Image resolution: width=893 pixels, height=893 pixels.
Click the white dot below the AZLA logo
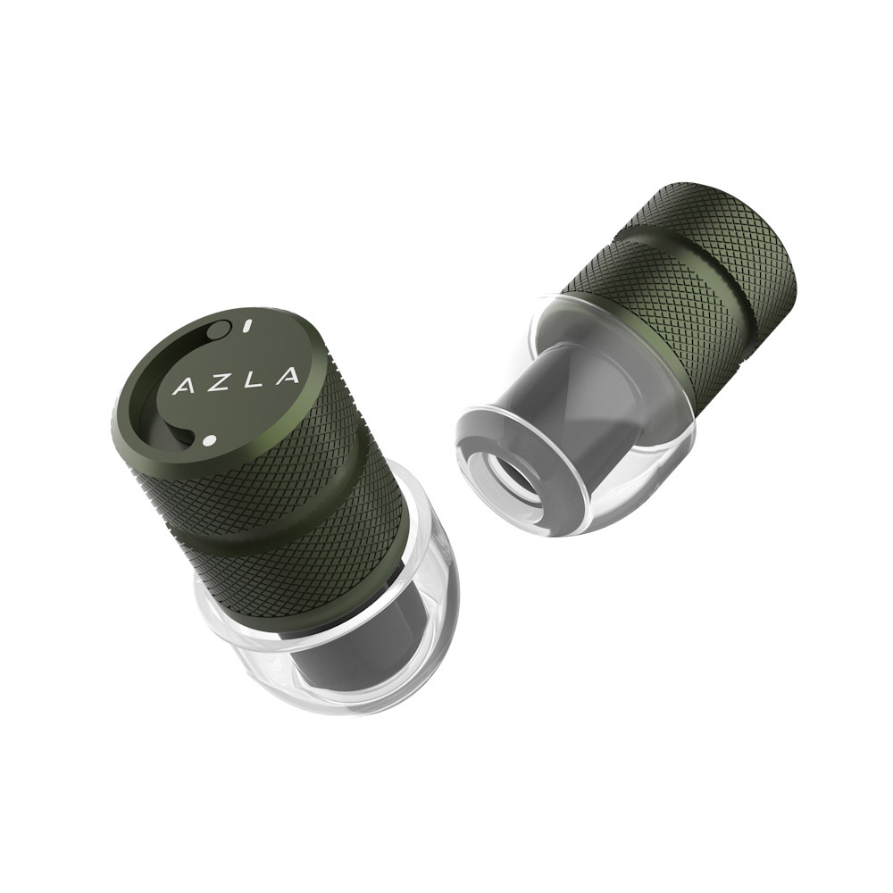(209, 440)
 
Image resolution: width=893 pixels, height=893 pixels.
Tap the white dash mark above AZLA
(246, 328)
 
